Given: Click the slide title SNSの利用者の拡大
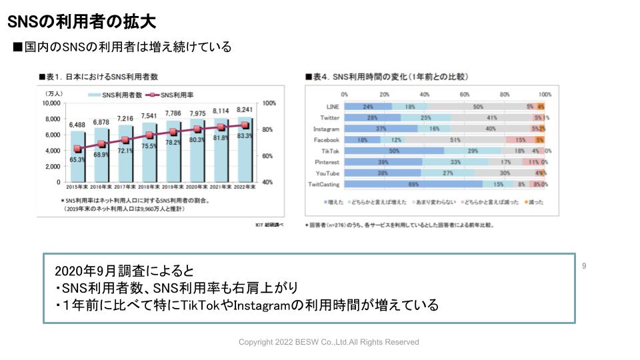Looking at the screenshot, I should (x=81, y=22).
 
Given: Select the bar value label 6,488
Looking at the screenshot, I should (x=77, y=125).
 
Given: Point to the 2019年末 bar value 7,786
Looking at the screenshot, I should (x=173, y=113).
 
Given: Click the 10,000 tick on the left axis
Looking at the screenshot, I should (x=51, y=103).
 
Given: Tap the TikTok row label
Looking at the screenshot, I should (x=328, y=151).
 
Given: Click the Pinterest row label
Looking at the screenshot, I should (x=326, y=162).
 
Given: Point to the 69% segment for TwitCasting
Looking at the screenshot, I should (x=413, y=184).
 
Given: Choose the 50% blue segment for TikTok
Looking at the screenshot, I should (x=395, y=151).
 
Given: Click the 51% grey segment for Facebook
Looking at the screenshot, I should (x=455, y=140).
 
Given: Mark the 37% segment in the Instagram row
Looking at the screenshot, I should (x=381, y=129).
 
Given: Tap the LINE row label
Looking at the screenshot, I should (x=333, y=107).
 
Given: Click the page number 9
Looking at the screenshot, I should (x=584, y=267).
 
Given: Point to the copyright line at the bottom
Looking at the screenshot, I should (x=329, y=342).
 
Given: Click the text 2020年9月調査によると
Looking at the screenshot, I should (x=125, y=271).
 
